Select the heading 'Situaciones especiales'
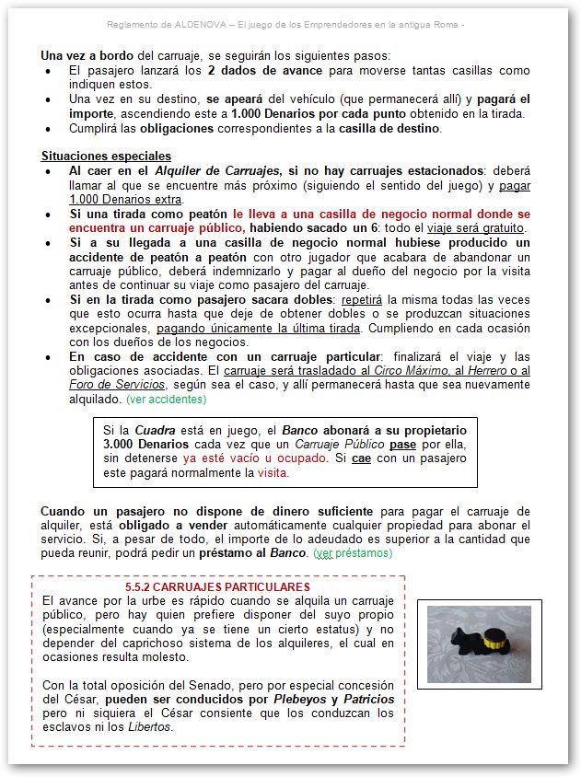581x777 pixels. click(106, 156)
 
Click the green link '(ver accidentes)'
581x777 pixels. click(167, 400)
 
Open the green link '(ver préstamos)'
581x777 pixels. click(353, 553)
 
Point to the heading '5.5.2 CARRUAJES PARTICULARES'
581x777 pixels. click(217, 586)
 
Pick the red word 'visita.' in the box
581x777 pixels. click(273, 473)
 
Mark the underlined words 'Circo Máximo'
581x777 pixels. click(412, 371)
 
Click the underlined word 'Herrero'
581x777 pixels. click(489, 371)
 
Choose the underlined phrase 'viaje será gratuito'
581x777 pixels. click(473, 227)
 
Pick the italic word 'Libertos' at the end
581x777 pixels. click(150, 726)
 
